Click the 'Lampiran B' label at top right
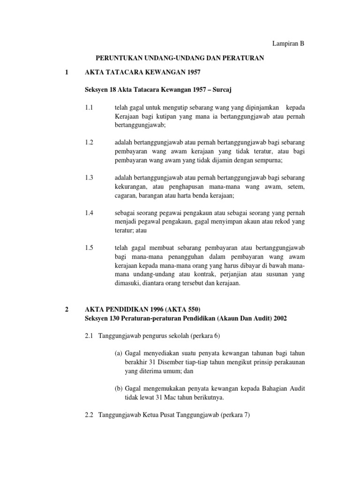click(x=289, y=44)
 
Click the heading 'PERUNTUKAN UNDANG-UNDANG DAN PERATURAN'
click(x=180, y=58)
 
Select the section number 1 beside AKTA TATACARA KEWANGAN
click(x=67, y=72)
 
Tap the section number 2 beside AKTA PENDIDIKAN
click(x=67, y=309)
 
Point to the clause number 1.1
click(x=90, y=107)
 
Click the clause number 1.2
click(x=90, y=142)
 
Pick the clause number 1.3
click(x=90, y=177)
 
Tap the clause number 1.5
click(x=90, y=247)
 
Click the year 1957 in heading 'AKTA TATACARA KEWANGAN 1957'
click(x=194, y=72)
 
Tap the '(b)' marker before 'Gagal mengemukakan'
click(x=118, y=389)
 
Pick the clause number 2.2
click(x=90, y=415)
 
